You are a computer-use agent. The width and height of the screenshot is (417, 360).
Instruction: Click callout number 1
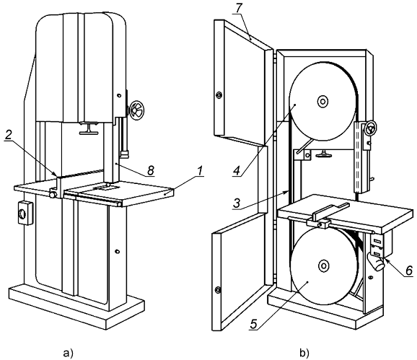tap(201, 172)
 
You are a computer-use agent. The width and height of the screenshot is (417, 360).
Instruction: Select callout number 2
tap(8, 136)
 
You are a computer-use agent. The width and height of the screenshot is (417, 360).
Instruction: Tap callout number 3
tap(237, 203)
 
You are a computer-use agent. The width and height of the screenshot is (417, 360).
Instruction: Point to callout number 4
tap(237, 170)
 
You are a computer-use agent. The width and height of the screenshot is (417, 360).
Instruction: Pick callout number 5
tap(253, 324)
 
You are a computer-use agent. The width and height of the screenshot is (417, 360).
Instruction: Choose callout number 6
tap(408, 271)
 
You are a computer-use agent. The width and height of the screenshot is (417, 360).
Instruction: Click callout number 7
tap(238, 8)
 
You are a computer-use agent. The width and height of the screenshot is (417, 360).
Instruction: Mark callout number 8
tap(151, 170)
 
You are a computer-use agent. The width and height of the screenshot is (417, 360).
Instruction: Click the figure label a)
tap(68, 354)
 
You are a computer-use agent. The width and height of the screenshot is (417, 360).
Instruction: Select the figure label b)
tap(304, 354)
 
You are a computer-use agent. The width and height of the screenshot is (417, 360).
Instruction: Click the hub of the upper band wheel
tap(322, 101)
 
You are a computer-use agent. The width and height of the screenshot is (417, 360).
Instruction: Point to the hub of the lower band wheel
tap(323, 266)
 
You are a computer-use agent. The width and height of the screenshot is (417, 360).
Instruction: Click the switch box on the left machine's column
tap(25, 213)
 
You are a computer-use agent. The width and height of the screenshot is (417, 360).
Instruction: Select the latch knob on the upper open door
tap(219, 95)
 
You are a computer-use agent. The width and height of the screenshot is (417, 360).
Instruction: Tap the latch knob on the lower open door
tap(218, 289)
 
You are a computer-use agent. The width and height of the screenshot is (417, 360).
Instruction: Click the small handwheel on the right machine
tap(370, 127)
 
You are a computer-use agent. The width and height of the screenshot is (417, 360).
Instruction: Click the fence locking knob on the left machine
tap(53, 195)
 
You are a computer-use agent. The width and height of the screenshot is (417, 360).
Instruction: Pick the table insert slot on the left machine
tap(105, 188)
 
